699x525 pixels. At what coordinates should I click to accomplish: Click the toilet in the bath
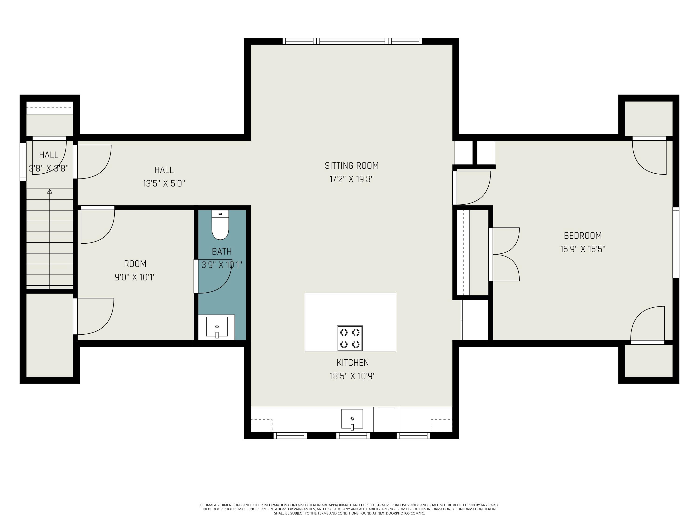click(220, 225)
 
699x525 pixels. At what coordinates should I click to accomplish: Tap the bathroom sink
click(217, 327)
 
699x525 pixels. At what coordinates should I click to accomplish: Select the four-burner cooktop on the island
click(350, 338)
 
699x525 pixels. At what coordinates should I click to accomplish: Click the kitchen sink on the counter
click(352, 419)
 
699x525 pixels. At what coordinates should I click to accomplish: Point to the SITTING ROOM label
click(352, 165)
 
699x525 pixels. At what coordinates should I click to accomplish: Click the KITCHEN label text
click(353, 362)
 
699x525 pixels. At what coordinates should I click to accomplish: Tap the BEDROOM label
click(583, 235)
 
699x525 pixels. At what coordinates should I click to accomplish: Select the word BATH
click(222, 252)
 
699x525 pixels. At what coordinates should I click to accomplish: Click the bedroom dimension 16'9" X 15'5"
click(583, 249)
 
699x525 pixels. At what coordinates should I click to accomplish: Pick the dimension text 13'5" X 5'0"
click(164, 184)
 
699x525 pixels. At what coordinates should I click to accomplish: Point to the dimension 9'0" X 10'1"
click(135, 277)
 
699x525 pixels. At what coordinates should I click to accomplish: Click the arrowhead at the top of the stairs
click(50, 192)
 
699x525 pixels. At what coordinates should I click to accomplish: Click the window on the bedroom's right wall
click(676, 242)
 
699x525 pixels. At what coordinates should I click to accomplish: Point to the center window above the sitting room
click(352, 41)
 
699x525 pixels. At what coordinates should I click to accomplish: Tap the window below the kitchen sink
click(353, 435)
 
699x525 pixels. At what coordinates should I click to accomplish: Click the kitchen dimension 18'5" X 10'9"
click(353, 376)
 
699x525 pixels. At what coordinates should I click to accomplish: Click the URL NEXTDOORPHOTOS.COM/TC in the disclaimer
click(401, 513)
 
